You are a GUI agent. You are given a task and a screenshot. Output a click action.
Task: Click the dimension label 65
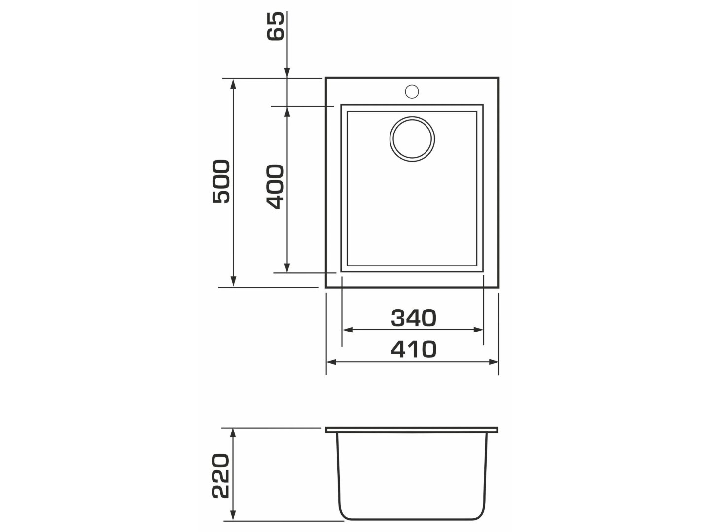[276, 27]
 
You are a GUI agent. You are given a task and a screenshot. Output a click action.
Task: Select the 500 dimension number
[221, 182]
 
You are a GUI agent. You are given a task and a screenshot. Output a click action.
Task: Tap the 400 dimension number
[275, 187]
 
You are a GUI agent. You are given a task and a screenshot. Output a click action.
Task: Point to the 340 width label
[413, 318]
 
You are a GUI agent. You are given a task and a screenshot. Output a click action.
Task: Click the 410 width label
[414, 349]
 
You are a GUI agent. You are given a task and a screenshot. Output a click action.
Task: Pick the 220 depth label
[220, 476]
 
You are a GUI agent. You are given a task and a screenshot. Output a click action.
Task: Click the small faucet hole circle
[412, 92]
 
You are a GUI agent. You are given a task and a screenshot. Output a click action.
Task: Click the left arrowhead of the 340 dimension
[348, 330]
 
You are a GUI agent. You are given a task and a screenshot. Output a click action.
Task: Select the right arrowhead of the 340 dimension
[478, 330]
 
